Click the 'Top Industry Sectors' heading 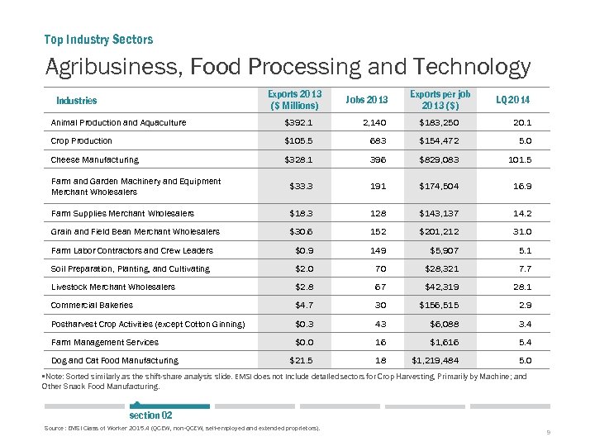pos(98,39)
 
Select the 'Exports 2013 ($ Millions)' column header pos(295,100)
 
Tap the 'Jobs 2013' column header pos(367,100)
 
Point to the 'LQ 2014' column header pos(512,100)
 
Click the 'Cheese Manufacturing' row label pos(95,159)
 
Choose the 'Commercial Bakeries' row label pos(92,305)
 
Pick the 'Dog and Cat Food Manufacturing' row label pos(114,360)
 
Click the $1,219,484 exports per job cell pos(436,360)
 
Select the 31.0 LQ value pos(519,232)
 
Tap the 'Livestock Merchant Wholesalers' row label pos(113,287)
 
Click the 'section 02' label pos(150,415)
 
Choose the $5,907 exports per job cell pos(444,250)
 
